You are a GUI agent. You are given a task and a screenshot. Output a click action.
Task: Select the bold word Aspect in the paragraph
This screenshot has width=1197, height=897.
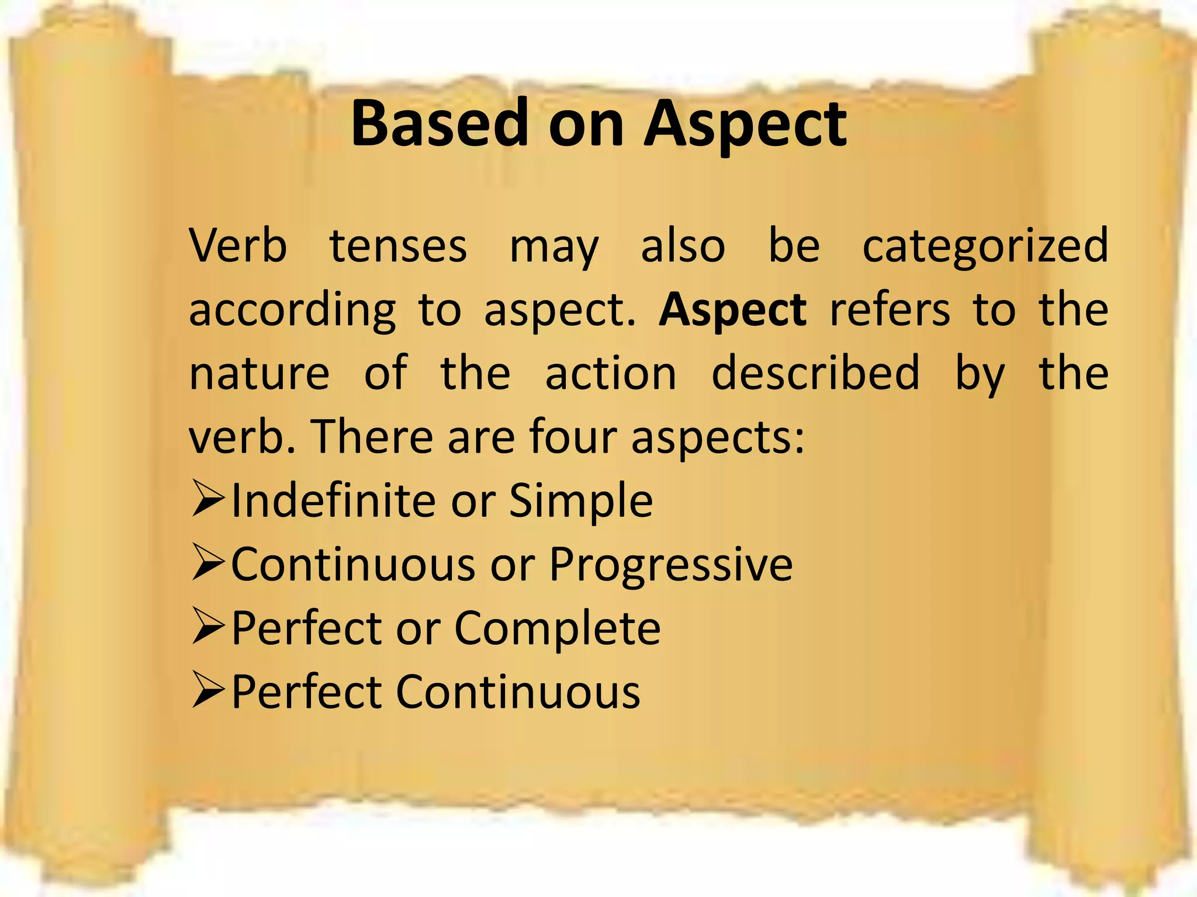tap(733, 310)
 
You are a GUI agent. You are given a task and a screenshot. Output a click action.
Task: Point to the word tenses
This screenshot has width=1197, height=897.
tap(399, 246)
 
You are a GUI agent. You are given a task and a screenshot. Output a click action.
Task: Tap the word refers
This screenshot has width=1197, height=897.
tap(890, 310)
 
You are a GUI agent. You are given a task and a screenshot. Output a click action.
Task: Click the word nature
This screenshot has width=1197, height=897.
tap(260, 374)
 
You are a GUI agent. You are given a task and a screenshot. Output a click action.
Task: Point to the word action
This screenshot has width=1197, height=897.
tap(611, 374)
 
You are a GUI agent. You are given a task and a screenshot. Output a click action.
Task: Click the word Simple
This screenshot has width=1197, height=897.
tap(581, 502)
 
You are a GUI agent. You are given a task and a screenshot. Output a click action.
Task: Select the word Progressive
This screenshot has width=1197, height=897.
tap(671, 566)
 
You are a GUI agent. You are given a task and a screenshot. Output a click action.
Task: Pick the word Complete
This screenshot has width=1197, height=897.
tap(558, 630)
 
